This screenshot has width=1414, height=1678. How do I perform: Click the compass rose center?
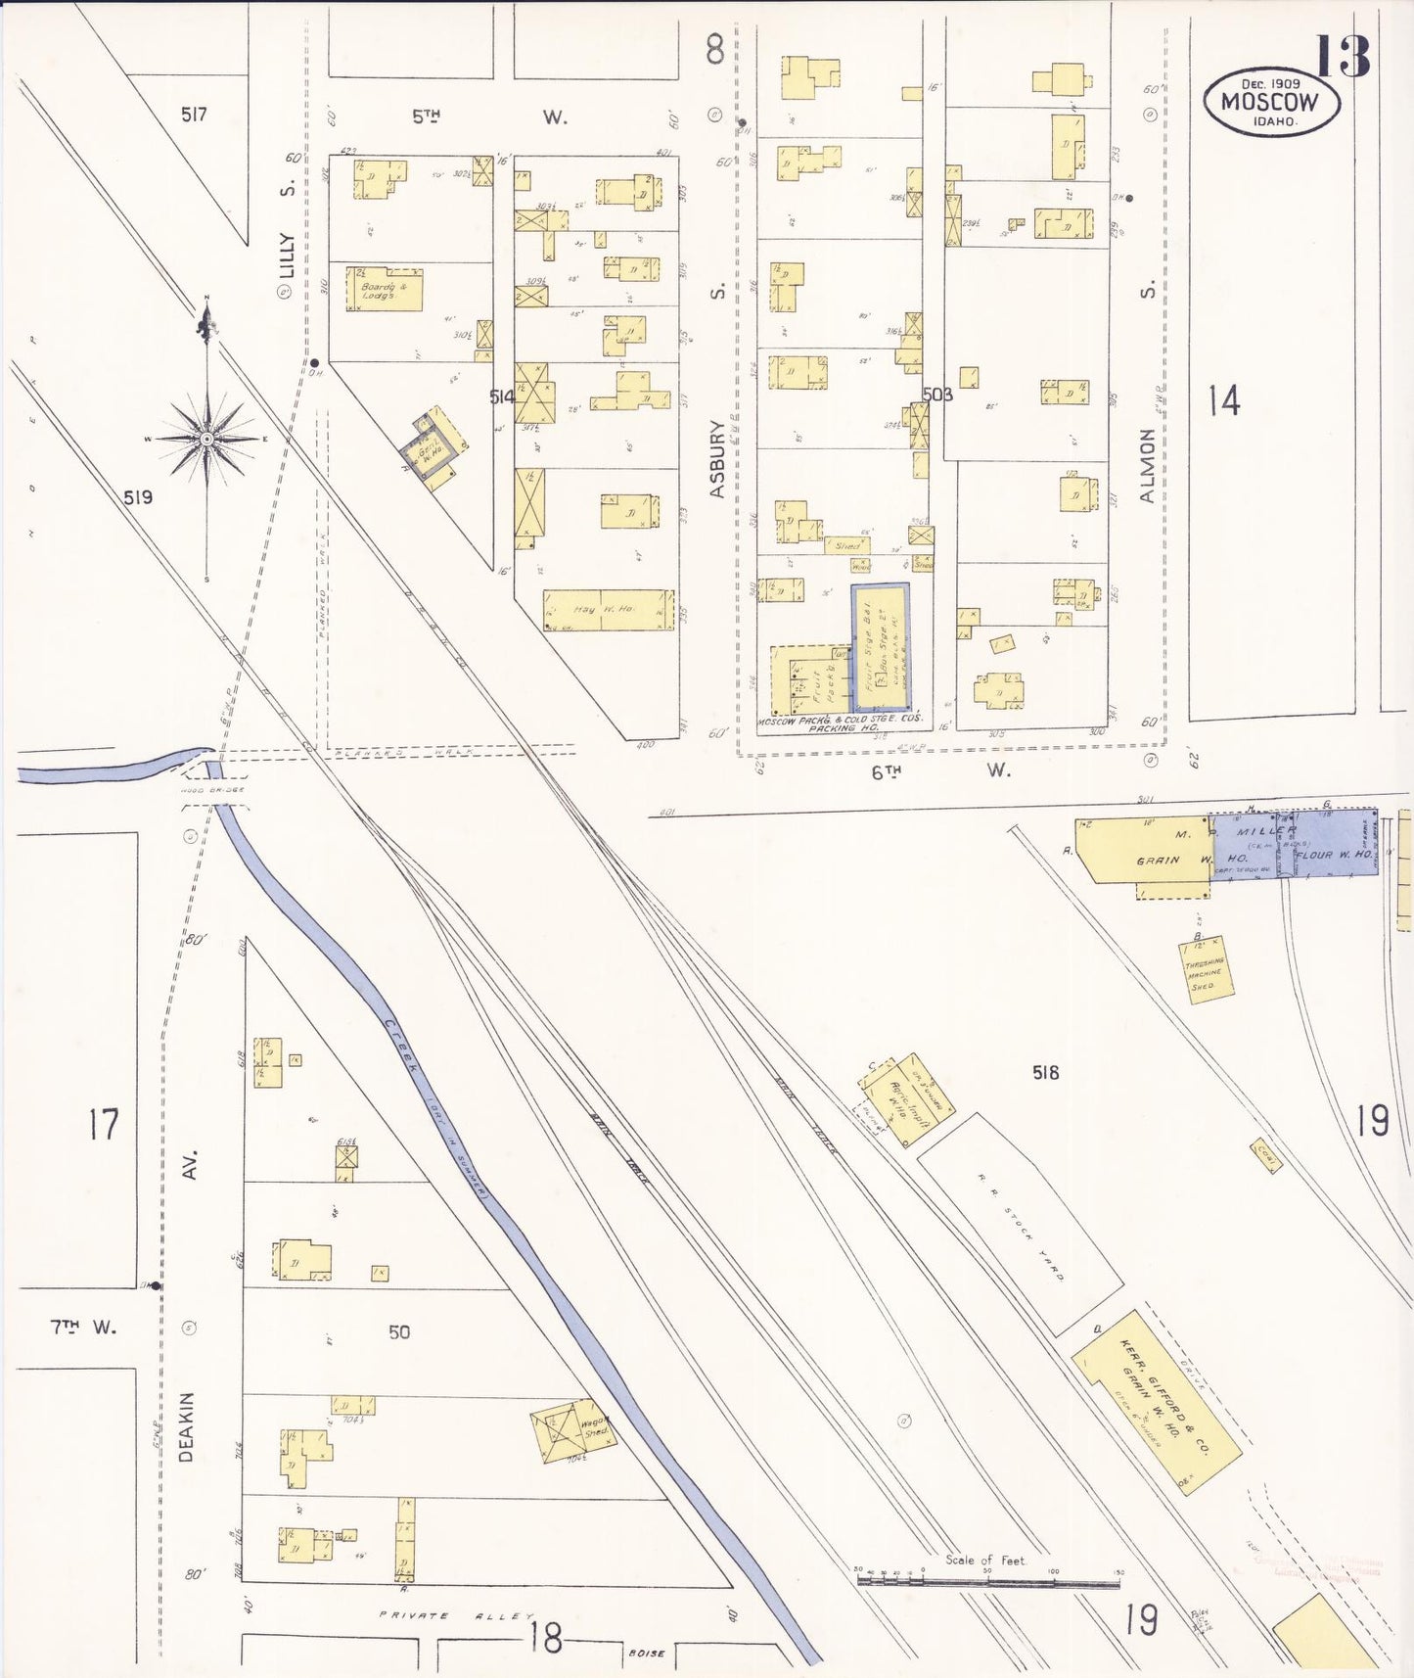pyautogui.click(x=206, y=440)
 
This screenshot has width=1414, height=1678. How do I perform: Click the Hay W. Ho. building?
pyautogui.click(x=608, y=610)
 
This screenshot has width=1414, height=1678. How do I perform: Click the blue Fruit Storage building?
pyautogui.click(x=880, y=648)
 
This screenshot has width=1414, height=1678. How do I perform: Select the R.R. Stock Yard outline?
pyautogui.click(x=1021, y=1223)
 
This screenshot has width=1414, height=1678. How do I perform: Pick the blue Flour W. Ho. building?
pyautogui.click(x=1335, y=855)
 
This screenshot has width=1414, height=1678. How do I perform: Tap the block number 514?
pyautogui.click(x=502, y=396)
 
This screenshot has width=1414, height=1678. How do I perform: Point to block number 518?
pyautogui.click(x=1045, y=1073)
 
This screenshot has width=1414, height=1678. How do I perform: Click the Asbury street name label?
pyautogui.click(x=718, y=459)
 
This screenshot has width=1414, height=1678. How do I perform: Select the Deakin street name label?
pyautogui.click(x=186, y=1426)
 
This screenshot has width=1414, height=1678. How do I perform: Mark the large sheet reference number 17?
pyautogui.click(x=103, y=1124)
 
